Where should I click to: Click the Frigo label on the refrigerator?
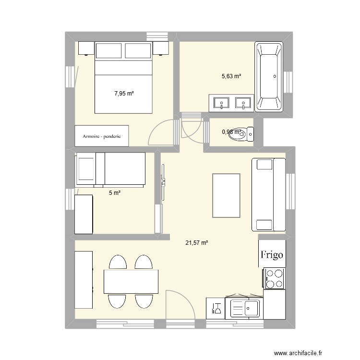272,254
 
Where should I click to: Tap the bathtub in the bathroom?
269,77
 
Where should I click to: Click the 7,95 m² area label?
124,94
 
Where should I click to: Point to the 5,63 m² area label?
231,76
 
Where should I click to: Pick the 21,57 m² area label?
196,243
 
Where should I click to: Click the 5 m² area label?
114,193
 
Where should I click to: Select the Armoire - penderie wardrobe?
102,136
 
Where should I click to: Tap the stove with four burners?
273,278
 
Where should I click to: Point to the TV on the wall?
163,182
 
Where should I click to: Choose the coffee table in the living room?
226,195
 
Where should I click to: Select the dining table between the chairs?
131,281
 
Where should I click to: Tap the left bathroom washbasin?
221,102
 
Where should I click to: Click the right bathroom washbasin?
243,102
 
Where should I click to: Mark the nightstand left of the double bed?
86,49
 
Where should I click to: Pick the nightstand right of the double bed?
161,49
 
